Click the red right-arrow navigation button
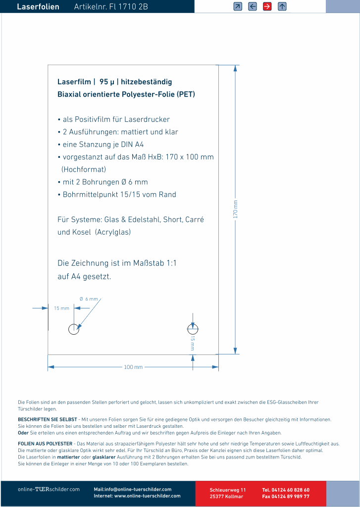267,6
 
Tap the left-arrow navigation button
253,6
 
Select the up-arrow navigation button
282,6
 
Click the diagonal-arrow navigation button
238,6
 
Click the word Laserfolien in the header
38,7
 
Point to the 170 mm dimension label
236,209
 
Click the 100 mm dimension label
133,367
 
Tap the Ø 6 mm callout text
89,299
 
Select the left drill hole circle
74,329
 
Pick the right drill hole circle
193,329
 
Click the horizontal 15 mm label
61,308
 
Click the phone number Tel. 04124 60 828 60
286,490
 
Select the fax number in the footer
286,496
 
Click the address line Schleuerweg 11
228,490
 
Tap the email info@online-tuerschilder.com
132,489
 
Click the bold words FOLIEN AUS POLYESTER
46,444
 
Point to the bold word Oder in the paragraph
23,433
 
